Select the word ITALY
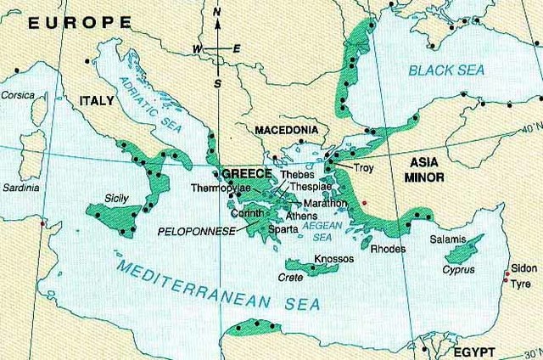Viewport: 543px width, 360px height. coord(97,101)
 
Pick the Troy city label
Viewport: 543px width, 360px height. coord(363,168)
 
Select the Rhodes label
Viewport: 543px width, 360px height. coord(388,249)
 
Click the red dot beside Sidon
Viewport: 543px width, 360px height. coord(507,274)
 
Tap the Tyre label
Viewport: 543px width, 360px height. coord(520,285)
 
